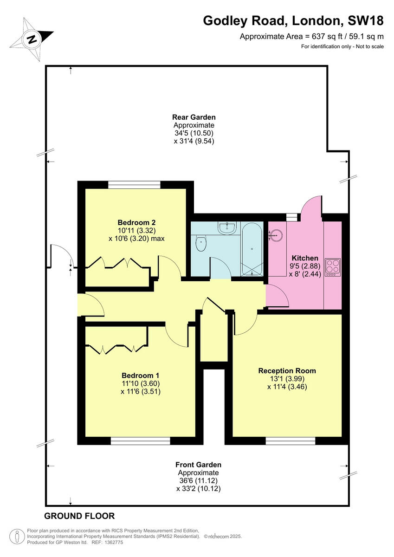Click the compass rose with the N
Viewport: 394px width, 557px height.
(32, 39)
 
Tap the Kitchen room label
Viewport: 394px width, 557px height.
(305, 258)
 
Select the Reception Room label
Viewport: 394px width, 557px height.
(287, 370)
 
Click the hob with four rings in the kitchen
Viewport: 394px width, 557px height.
(333, 267)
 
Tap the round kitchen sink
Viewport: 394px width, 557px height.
(276, 235)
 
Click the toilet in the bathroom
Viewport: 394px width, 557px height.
(201, 243)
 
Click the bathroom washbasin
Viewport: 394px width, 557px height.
(228, 227)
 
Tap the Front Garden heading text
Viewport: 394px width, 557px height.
(198, 464)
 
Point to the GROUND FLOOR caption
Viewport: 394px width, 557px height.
(79, 516)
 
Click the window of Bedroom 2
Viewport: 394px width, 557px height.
(134, 185)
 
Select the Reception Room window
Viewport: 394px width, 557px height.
(291, 440)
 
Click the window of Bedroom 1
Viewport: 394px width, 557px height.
(141, 440)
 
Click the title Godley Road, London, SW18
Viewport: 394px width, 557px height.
(293, 21)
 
